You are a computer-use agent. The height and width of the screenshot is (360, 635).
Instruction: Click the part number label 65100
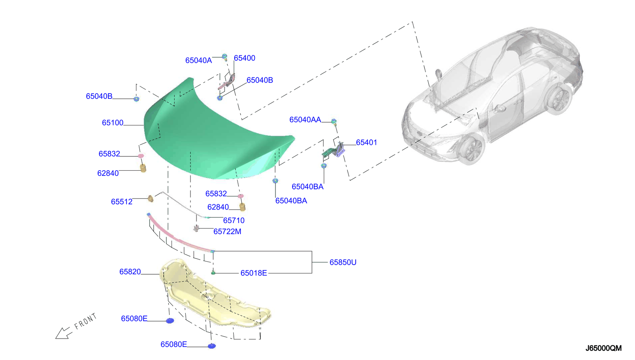[113, 123]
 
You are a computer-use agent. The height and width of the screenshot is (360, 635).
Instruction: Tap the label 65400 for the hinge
[244, 58]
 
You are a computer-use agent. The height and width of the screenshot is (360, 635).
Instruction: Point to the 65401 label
[366, 142]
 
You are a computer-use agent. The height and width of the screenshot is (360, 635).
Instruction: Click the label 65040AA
[305, 119]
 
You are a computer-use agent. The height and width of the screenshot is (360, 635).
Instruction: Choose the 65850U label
[343, 262]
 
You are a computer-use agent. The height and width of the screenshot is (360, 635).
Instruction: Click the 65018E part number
[254, 273]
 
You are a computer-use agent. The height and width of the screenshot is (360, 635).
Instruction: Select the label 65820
[130, 271]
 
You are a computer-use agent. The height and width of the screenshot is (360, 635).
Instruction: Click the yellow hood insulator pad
[214, 298]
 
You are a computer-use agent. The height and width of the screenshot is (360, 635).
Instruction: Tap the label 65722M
[227, 231]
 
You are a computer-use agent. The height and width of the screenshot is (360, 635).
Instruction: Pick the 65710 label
[234, 220]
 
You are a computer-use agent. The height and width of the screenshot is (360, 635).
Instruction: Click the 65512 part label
[121, 202]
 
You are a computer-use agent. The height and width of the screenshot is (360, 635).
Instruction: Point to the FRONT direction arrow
[63, 333]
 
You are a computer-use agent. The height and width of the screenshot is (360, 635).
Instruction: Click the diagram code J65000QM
[603, 348]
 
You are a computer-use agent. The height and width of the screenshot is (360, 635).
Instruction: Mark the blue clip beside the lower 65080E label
[212, 346]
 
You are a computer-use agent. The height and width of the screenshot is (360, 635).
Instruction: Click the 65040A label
[198, 60]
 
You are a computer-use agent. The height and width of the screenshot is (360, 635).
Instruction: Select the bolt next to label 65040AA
[334, 121]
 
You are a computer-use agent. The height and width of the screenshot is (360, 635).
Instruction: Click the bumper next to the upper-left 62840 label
[143, 168]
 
